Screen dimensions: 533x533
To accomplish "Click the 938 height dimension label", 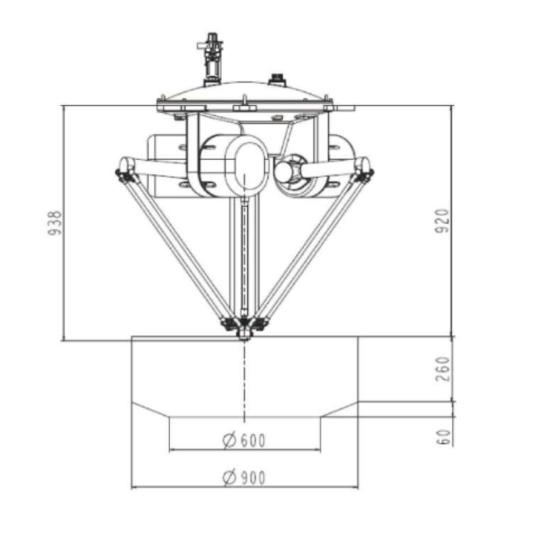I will click(55, 224).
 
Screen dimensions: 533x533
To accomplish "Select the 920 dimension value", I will click(441, 222).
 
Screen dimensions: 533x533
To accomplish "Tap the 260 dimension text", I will click(441, 370).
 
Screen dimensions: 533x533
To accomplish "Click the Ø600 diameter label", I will click(244, 441).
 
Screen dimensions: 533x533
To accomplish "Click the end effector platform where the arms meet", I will click(244, 329).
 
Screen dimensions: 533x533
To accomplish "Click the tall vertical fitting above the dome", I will click(210, 57).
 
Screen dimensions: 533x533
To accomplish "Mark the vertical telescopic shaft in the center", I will click(244, 259).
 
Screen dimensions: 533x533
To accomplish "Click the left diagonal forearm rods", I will click(178, 249).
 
